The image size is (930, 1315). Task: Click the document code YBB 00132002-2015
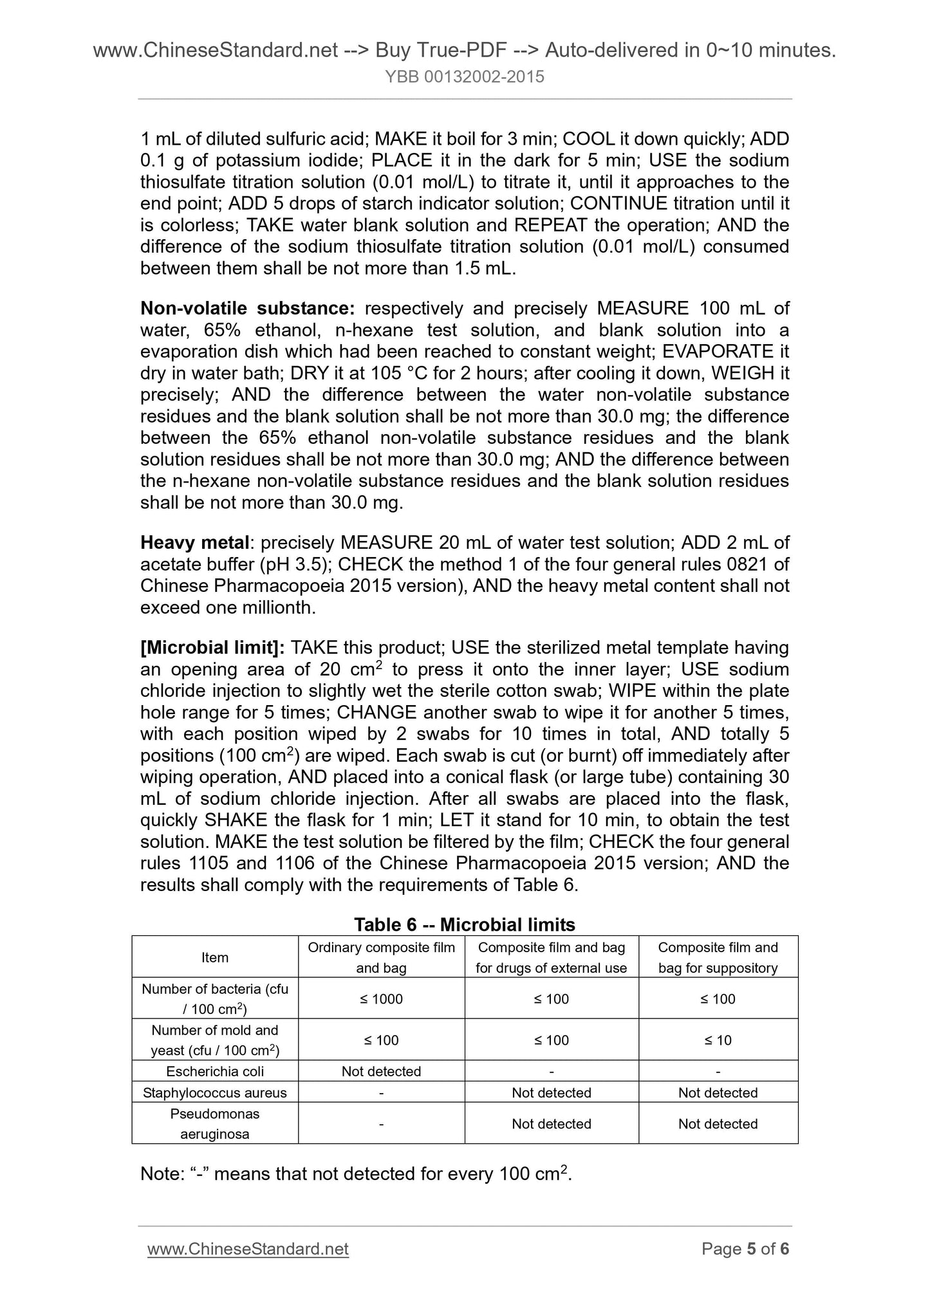click(464, 77)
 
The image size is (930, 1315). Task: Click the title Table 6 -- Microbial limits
click(464, 924)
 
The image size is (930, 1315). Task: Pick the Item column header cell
click(215, 957)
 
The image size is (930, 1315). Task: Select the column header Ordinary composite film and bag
click(381, 957)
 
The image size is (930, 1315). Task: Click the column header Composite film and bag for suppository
click(718, 957)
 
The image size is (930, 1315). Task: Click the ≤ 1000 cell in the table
click(381, 998)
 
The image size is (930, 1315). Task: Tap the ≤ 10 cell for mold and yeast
click(718, 1040)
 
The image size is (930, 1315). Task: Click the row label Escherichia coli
click(215, 1071)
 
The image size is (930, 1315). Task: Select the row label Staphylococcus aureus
click(215, 1092)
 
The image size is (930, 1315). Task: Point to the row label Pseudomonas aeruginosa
click(215, 1123)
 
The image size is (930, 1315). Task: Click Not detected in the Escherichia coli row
click(381, 1071)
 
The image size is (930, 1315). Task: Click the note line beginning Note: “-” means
click(356, 1174)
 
